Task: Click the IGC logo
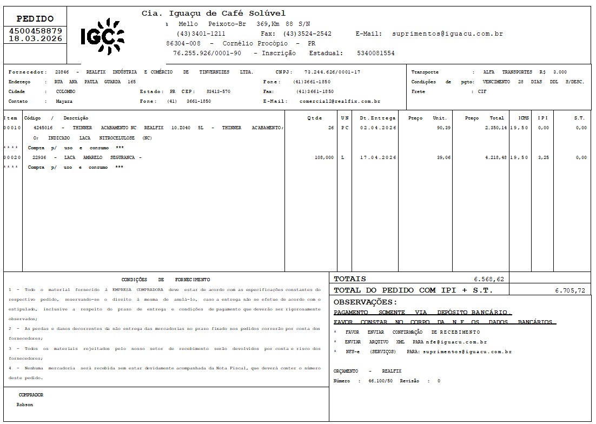click(102, 36)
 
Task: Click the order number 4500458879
click(36, 31)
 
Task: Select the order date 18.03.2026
click(36, 39)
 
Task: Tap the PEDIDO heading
click(36, 18)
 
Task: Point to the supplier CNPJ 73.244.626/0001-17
click(332, 72)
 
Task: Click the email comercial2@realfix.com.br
click(340, 101)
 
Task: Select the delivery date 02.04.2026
click(378, 128)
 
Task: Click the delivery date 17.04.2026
click(378, 157)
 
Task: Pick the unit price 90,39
click(443, 128)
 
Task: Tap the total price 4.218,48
click(493, 157)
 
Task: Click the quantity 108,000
click(324, 157)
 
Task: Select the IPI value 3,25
click(543, 157)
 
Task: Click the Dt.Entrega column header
click(378, 118)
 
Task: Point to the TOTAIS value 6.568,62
click(489, 279)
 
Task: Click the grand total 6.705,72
click(570, 290)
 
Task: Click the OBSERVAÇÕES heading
click(365, 302)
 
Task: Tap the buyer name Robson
click(24, 405)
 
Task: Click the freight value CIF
click(482, 91)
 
